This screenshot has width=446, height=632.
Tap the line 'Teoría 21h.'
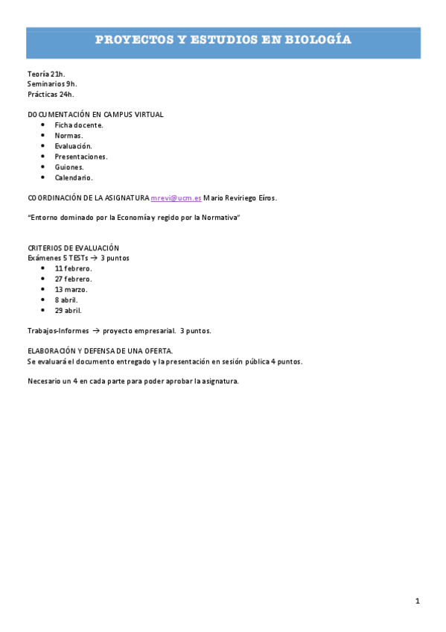[x=46, y=74]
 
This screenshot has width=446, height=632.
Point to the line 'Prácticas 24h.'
[x=51, y=95]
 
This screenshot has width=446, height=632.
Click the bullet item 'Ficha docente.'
[x=79, y=125]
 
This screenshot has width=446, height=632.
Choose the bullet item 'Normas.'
[x=69, y=136]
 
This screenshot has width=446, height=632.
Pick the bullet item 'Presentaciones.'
[x=81, y=157]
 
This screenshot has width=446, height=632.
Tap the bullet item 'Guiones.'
[x=69, y=167]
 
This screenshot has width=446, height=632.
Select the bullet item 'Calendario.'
[x=74, y=177]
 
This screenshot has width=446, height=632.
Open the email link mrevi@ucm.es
[x=176, y=198]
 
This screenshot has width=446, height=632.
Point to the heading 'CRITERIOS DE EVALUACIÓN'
[x=73, y=247]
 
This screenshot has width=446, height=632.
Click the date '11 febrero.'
[x=73, y=268]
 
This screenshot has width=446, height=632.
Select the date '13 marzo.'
[x=71, y=289]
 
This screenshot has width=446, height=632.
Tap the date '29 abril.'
[x=69, y=310]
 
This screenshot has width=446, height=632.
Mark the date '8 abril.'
[x=66, y=300]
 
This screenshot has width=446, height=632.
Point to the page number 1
[x=418, y=601]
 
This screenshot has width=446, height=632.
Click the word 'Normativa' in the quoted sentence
[x=220, y=217]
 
